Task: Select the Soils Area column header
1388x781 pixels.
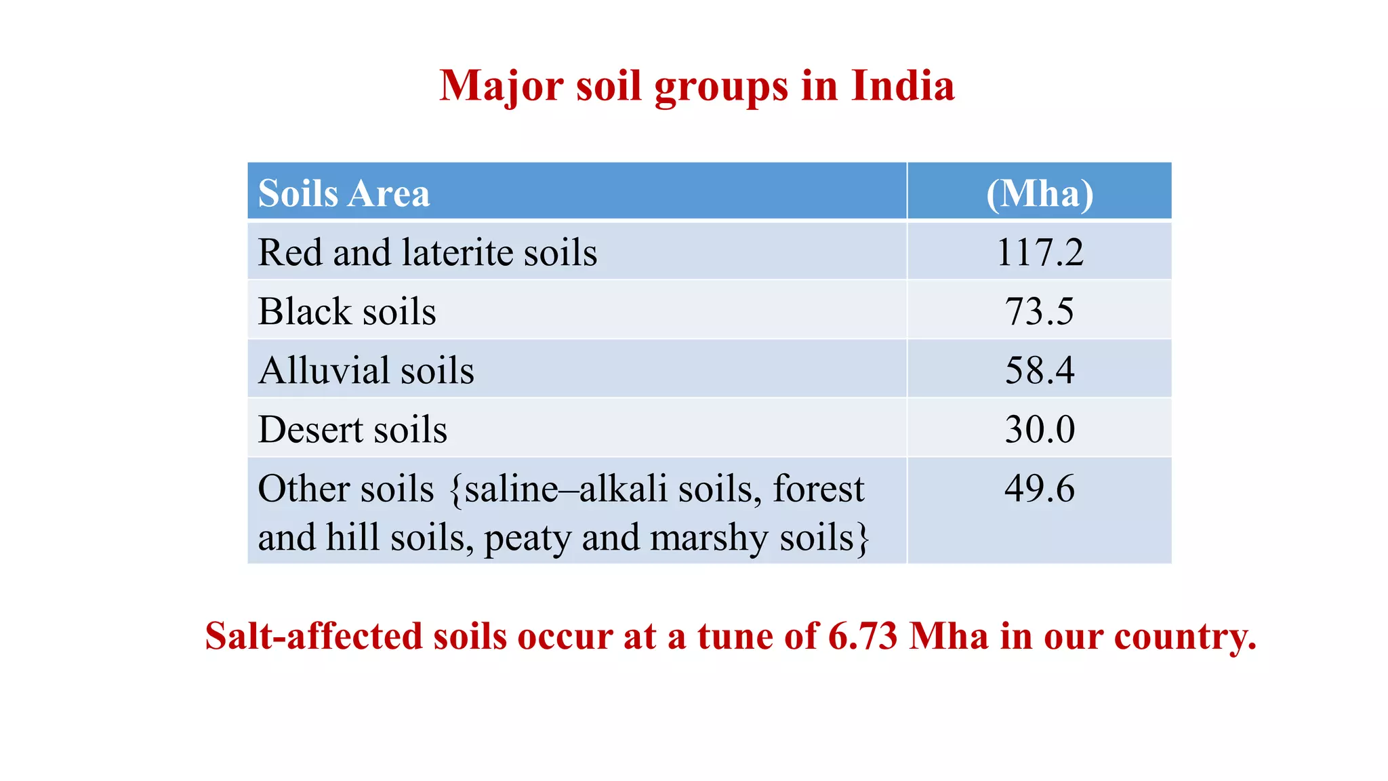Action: (x=344, y=193)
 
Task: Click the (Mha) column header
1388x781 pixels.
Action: (x=1039, y=193)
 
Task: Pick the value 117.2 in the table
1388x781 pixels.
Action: (x=1039, y=252)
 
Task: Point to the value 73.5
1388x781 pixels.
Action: (x=1039, y=311)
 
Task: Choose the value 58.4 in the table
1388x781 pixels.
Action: (x=1039, y=370)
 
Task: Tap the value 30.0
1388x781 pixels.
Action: (x=1039, y=429)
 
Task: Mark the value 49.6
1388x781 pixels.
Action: (x=1039, y=488)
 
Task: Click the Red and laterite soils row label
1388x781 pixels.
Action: (x=427, y=252)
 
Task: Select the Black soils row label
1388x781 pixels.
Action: (x=346, y=311)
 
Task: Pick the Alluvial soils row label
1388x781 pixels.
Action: (x=366, y=370)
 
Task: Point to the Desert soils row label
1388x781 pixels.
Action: (x=352, y=429)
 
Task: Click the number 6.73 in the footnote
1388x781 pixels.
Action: (x=862, y=636)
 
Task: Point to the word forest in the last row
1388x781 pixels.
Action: (x=818, y=488)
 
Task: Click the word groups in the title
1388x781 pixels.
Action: (x=721, y=87)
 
